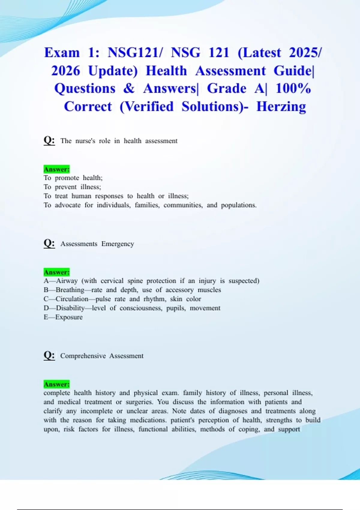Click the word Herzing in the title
281,106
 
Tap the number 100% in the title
293,88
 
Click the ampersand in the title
129,88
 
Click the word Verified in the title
146,106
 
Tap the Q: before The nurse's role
49,140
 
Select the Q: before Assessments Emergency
49,243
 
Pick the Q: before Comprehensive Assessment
49,355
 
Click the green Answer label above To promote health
56,169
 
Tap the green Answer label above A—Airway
56,272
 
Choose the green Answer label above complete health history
56,384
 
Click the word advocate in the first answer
67,205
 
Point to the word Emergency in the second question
118,244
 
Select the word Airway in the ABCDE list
67,281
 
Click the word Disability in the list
70,308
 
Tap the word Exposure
69,317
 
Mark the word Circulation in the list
72,299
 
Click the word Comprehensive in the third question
83,356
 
